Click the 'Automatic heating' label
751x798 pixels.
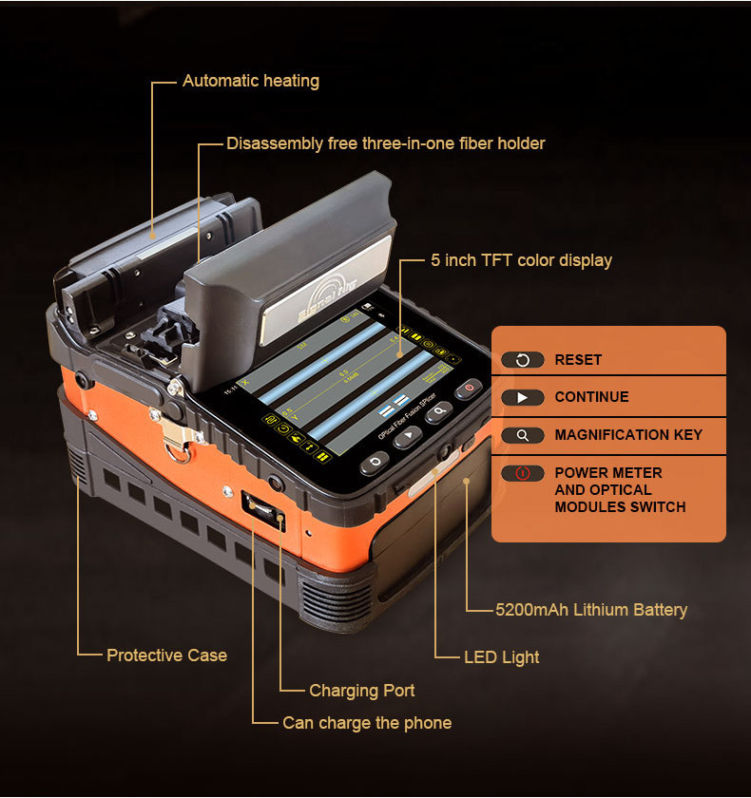(251, 81)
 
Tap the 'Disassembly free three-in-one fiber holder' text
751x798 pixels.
(385, 143)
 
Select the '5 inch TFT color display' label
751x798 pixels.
(521, 259)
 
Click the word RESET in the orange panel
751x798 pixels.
(578, 360)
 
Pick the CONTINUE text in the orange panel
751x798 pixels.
(591, 397)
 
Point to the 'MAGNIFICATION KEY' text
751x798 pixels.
(628, 435)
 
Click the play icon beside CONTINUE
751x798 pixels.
(522, 397)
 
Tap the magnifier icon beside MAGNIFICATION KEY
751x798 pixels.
(522, 435)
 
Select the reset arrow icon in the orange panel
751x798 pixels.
(522, 360)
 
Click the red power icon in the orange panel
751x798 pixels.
(522, 472)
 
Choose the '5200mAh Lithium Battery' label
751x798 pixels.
(591, 610)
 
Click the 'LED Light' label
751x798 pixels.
(501, 657)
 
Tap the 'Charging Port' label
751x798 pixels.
(361, 691)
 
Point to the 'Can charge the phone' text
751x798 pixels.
(367, 723)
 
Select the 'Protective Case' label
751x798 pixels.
(166, 655)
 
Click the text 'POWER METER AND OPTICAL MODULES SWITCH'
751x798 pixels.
(620, 489)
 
